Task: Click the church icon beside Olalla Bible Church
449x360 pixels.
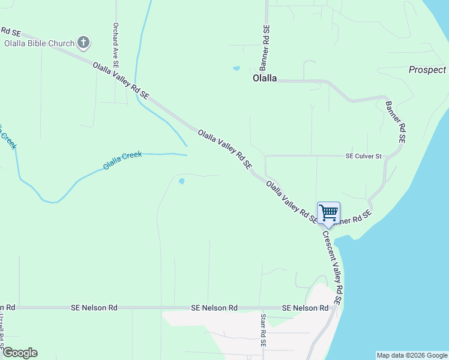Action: [x=83, y=43]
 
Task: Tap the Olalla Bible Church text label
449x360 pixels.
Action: [x=39, y=43]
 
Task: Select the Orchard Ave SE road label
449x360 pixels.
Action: [x=116, y=46]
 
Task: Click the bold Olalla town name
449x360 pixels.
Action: [x=265, y=78]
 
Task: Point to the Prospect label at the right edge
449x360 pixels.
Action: [x=427, y=70]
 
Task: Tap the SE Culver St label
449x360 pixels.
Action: [x=363, y=156]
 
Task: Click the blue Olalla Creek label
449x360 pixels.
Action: [x=122, y=160]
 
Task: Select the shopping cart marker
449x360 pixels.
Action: [x=328, y=213]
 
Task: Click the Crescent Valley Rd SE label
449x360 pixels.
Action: [x=332, y=267]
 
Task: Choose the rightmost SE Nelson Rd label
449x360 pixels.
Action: [x=305, y=308]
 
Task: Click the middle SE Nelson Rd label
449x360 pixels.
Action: [x=214, y=308]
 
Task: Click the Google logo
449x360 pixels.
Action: [x=20, y=353]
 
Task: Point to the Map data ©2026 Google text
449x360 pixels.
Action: [x=412, y=355]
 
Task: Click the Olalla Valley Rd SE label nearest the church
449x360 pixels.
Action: [x=121, y=80]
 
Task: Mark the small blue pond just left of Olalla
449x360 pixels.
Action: [x=236, y=68]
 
